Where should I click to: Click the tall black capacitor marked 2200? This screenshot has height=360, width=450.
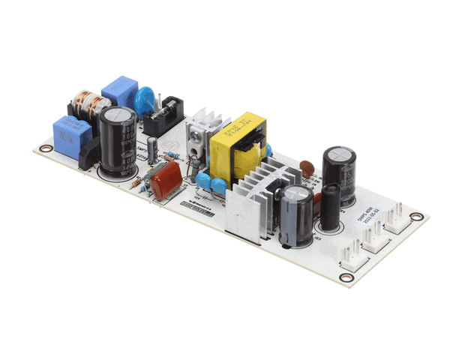[339, 176]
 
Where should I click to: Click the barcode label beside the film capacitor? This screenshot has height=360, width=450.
[196, 209]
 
